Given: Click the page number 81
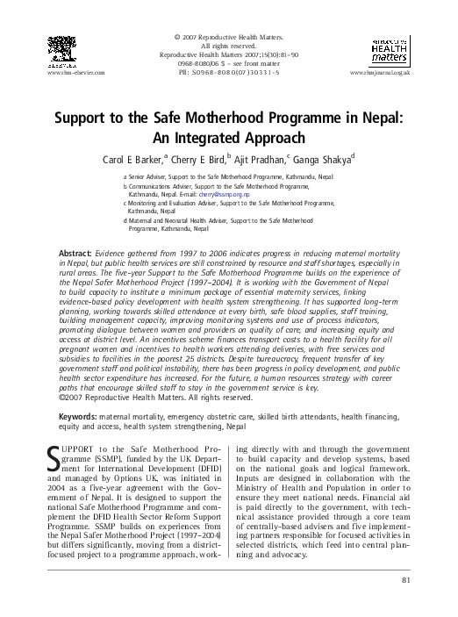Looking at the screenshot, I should (405, 580).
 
